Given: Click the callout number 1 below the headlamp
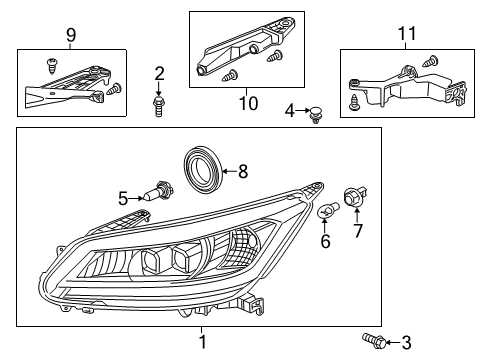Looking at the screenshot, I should point(203,343).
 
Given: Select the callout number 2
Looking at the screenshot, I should point(159,72).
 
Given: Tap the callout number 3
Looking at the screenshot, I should point(405,343).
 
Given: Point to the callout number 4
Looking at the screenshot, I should point(290,110).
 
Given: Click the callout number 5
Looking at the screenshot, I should point(123,199).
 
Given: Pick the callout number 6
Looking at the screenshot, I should point(324,242).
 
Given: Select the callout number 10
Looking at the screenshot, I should point(240,101).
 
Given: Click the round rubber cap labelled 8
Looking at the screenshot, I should point(207,166).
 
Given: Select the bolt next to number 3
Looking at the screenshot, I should point(373,343).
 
